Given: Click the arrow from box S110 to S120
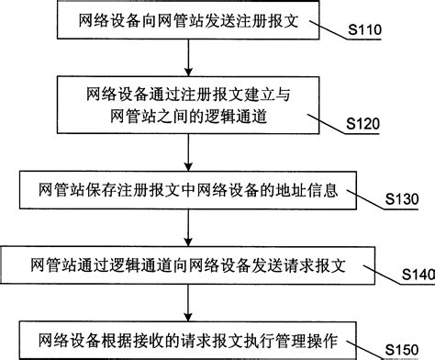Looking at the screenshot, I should pos(187,58).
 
